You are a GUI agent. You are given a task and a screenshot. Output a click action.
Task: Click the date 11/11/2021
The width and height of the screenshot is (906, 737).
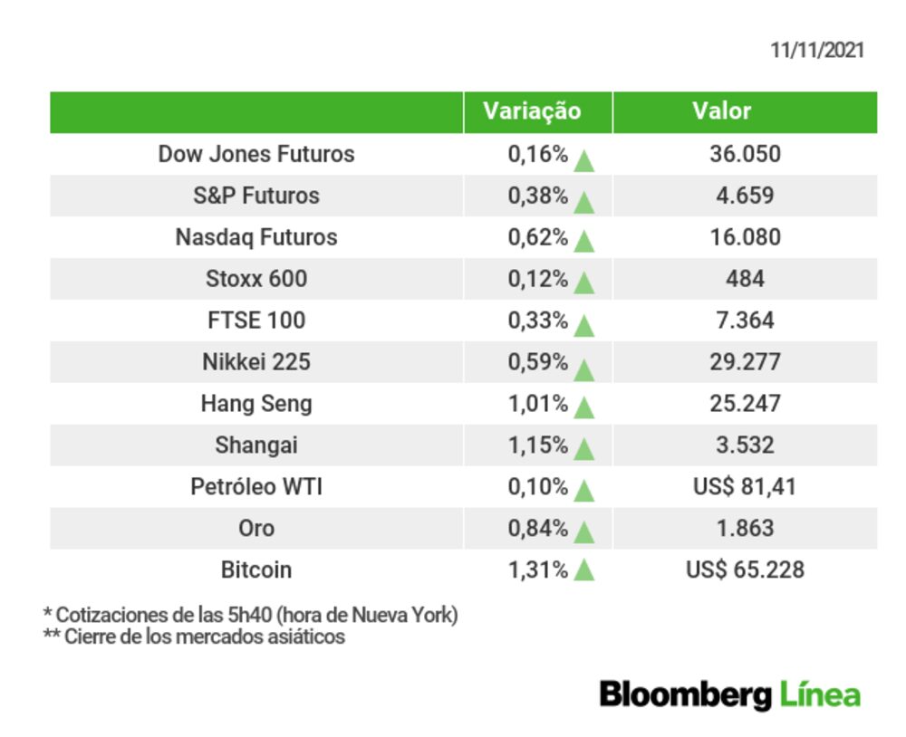817,51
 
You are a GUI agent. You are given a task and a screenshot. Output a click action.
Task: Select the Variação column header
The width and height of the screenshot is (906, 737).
532,111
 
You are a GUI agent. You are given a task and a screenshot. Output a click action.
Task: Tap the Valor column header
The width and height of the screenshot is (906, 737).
722,110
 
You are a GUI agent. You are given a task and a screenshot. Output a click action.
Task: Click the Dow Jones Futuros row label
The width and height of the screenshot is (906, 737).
256,154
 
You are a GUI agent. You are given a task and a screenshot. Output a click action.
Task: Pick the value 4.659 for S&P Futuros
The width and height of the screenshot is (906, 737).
745,196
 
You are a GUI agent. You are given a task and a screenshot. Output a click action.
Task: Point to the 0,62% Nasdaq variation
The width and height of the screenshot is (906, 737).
538,237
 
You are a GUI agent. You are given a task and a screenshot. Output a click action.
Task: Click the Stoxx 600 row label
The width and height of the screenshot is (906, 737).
256,279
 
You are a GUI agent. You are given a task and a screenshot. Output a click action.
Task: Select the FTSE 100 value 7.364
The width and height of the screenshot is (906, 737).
745,321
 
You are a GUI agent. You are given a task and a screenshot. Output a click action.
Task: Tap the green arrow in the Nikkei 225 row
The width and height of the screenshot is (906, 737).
584,369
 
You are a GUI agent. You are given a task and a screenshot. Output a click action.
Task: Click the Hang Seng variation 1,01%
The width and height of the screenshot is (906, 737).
538,404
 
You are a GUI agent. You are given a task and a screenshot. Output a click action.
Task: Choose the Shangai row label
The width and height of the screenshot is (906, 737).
256,445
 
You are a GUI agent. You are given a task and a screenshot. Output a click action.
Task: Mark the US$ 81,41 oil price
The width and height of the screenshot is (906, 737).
745,487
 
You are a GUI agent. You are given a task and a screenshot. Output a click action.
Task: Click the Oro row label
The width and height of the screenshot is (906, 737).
256,529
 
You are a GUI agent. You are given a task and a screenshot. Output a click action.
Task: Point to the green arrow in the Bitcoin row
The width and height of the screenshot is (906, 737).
584,569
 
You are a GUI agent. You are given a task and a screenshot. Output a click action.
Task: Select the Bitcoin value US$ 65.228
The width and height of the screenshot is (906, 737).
745,570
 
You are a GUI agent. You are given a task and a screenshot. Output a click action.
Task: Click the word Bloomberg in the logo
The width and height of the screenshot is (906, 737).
685,694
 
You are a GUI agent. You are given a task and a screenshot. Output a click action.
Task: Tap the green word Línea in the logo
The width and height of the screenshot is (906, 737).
820,694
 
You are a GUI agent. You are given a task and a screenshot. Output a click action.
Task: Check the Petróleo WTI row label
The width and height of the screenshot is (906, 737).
256,487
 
